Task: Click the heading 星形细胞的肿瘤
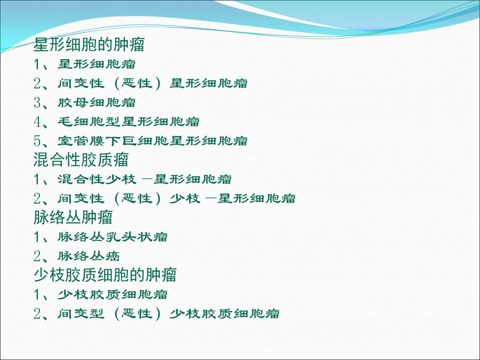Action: pyautogui.click(x=89, y=45)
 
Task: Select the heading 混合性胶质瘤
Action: pyautogui.click(x=81, y=160)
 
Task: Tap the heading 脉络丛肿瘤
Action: pyautogui.click(x=73, y=218)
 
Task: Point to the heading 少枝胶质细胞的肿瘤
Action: pyautogui.click(x=105, y=275)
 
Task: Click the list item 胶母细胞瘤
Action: pyautogui.click(x=97, y=102)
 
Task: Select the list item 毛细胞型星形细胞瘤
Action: pyautogui.click(x=129, y=122)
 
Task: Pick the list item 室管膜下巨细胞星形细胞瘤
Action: pyautogui.click(x=153, y=141)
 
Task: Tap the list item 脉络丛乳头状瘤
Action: pyautogui.click(x=113, y=237)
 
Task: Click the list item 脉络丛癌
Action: pyautogui.click(x=89, y=256)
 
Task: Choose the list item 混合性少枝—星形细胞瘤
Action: pyautogui.click(x=145, y=179)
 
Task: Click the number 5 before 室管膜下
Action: pyautogui.click(x=37, y=141)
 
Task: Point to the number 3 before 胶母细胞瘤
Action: pyautogui.click(x=37, y=103)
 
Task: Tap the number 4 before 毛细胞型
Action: pyautogui.click(x=37, y=122)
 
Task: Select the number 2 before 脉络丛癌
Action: pyautogui.click(x=37, y=256)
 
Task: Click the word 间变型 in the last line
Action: pyautogui.click(x=81, y=314)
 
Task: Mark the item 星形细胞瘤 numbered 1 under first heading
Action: pyautogui.click(x=97, y=65)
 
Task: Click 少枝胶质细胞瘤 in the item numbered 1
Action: pyautogui.click(x=113, y=294)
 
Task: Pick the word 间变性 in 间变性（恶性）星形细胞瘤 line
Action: pyautogui.click(x=81, y=83)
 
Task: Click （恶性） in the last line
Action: pyautogui.click(x=137, y=314)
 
